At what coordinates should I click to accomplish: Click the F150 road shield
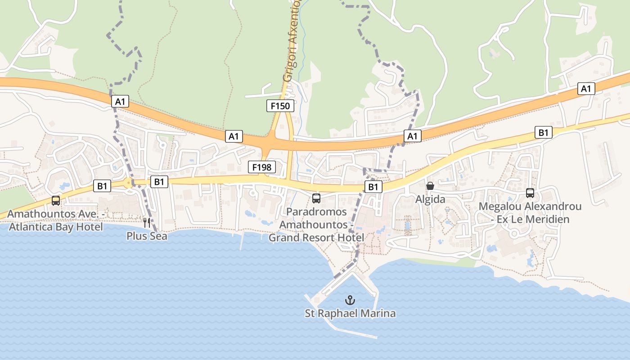pos(280,106)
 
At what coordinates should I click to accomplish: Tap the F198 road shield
pos(262,167)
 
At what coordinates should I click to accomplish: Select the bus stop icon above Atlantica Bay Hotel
pos(56,201)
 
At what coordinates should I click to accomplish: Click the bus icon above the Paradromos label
pos(316,198)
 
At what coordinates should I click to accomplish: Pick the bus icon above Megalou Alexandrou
pos(530,193)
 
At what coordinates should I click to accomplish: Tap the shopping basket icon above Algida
pos(430,186)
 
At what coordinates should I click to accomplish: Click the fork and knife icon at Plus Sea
pos(147,222)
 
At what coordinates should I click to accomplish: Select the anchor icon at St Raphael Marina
pos(350,300)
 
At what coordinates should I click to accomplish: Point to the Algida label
pos(430,199)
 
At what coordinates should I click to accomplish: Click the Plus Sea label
pos(147,236)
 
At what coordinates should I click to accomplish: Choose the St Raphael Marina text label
pos(350,313)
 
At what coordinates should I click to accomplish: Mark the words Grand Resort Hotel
pos(316,237)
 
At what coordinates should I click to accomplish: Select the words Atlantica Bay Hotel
pos(56,227)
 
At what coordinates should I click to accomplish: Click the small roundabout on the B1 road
pos(129,183)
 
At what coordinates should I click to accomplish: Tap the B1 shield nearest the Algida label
pos(373,187)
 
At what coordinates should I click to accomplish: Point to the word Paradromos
pos(316,211)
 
